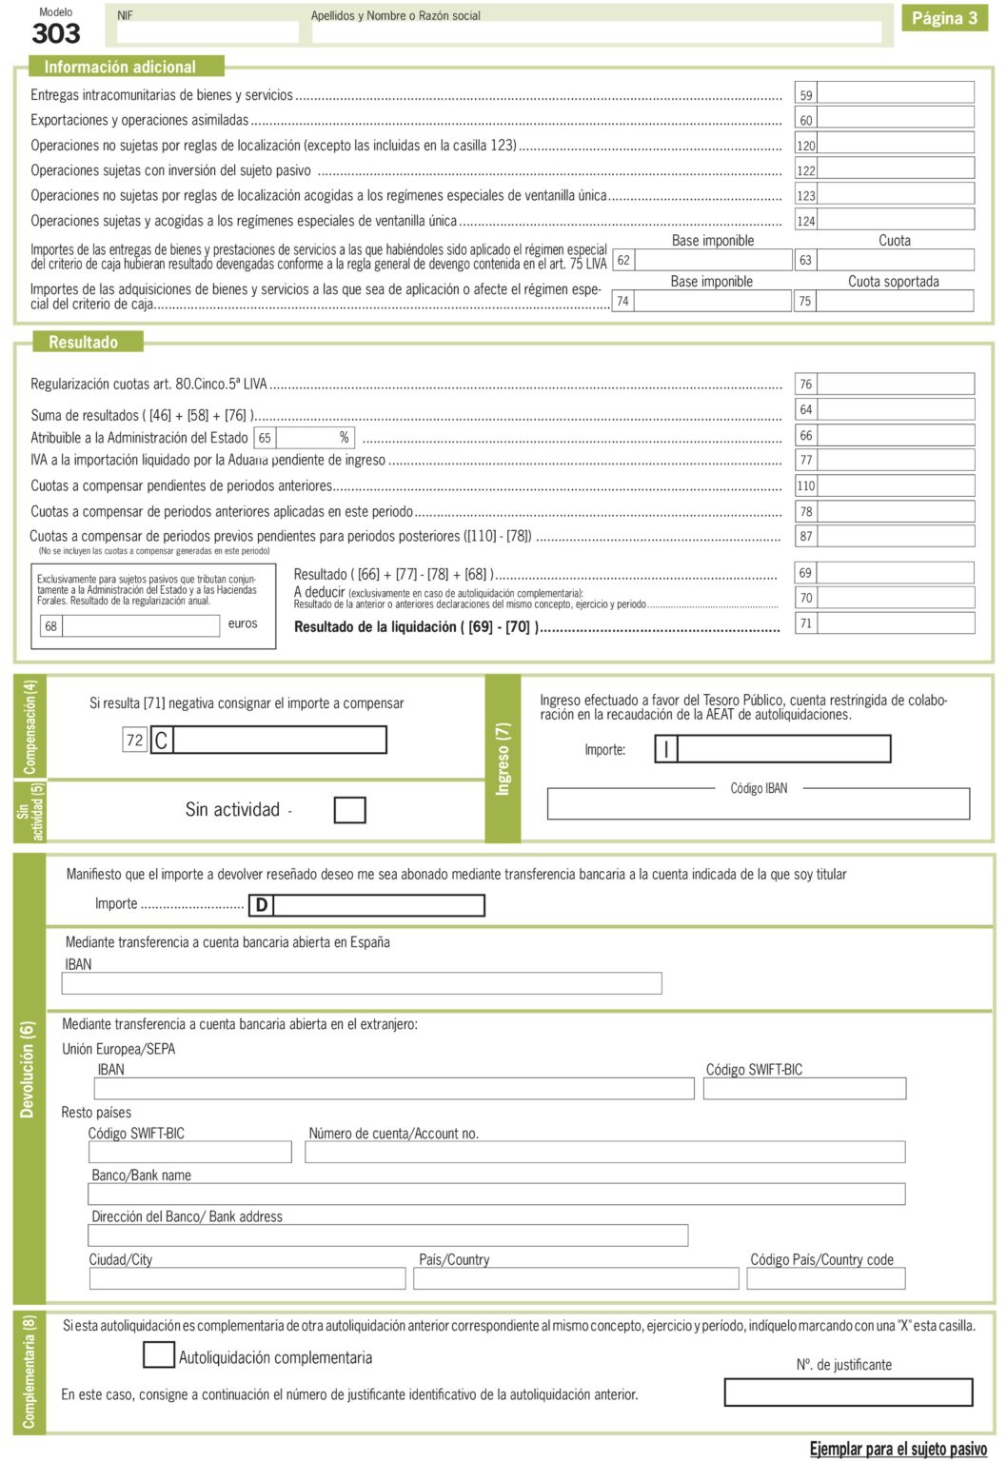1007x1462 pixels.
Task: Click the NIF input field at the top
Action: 207,31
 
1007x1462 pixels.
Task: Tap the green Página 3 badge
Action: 944,18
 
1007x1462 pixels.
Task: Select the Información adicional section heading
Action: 120,67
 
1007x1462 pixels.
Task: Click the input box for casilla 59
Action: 895,93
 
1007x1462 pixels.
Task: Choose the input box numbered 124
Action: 895,220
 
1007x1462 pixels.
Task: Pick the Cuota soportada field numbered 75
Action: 895,301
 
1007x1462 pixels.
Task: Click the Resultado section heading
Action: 84,342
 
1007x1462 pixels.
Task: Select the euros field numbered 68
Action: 140,625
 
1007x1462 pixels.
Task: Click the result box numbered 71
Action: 895,623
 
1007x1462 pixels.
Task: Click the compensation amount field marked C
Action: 280,740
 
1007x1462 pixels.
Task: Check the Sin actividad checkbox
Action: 349,810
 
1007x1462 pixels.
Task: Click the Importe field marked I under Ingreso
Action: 782,749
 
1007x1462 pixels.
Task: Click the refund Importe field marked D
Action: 378,904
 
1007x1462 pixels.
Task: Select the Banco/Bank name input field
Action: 496,1194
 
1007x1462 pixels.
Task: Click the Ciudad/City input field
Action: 247,1278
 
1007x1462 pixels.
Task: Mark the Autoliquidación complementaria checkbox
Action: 158,1355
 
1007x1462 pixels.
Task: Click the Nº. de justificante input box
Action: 848,1393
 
